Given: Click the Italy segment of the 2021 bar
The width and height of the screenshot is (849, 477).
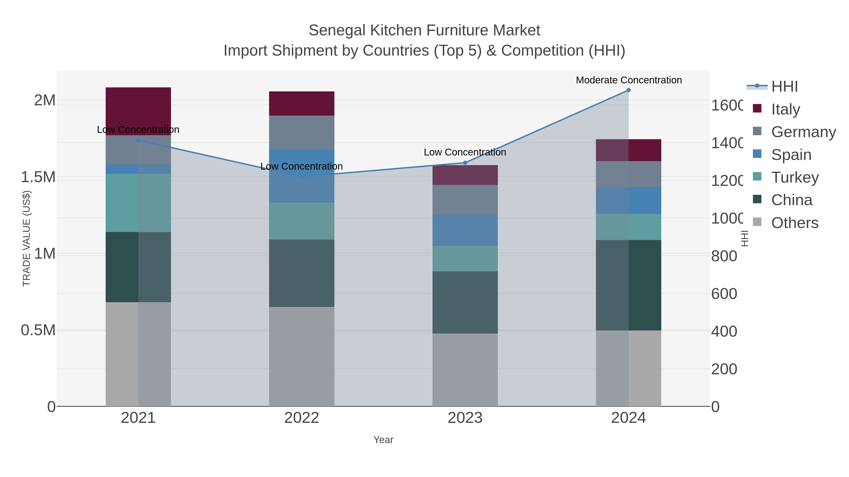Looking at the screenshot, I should (138, 111).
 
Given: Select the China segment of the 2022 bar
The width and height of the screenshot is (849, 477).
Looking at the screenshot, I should (302, 273).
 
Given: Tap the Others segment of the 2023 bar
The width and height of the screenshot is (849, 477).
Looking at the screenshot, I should (465, 369).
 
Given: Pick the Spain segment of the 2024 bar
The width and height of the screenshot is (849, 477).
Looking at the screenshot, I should (628, 200).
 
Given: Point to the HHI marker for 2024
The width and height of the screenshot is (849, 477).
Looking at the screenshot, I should (628, 90).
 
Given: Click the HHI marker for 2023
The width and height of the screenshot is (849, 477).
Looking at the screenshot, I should (465, 163).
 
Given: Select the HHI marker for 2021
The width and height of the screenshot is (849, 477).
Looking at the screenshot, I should (138, 140).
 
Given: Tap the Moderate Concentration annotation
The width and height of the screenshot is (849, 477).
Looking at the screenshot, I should (628, 80).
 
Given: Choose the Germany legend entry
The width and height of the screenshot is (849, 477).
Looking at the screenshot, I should (803, 132).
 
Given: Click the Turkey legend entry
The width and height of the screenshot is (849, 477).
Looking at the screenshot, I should (795, 177).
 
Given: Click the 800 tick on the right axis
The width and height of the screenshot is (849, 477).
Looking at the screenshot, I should (724, 256).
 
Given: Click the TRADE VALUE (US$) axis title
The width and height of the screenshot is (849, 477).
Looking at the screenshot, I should (26, 238).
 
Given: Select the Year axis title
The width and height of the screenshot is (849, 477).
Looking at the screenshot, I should (383, 440).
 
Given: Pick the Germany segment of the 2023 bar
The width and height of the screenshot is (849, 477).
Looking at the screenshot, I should (465, 200).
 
